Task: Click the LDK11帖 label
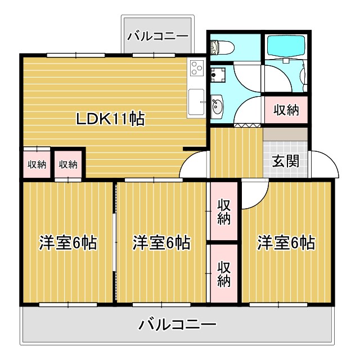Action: tap(111, 119)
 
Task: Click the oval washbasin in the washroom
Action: tap(217, 106)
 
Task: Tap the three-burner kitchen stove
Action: tap(196, 69)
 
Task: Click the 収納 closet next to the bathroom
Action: tap(286, 110)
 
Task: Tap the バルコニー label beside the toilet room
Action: tap(157, 37)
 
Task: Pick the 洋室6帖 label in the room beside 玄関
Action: tap(286, 243)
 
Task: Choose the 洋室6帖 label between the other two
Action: tap(161, 243)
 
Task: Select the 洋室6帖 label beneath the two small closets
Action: tap(67, 243)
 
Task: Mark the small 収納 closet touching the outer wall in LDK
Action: tap(36, 164)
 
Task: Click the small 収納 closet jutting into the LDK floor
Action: tap(68, 164)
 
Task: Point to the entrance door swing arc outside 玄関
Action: tap(324, 164)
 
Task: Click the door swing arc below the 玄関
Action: tap(254, 195)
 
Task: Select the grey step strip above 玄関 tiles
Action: tap(285, 134)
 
